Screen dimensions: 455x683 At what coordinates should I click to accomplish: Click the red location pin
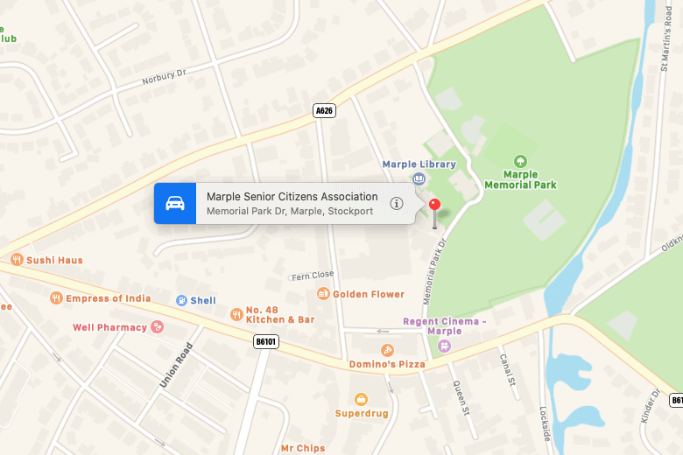pos(435,206)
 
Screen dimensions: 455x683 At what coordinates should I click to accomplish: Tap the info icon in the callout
pos(397,203)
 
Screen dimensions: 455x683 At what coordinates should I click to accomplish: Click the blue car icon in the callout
pos(175,203)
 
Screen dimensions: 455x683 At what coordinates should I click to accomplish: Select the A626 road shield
pos(324,110)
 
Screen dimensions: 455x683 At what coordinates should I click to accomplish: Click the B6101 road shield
pos(265,341)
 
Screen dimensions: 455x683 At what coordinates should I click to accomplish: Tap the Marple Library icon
pos(419,178)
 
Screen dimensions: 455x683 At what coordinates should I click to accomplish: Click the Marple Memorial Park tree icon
pos(521,160)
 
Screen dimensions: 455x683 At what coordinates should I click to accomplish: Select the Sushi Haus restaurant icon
pos(16,259)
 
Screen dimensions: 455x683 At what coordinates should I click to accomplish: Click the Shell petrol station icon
pos(181,300)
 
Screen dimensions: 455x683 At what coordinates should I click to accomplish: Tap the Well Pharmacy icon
pos(158,327)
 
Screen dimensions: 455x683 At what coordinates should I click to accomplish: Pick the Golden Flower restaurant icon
pos(323,294)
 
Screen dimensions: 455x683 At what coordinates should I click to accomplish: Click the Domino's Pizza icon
pos(387,350)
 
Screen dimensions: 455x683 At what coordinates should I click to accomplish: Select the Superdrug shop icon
pos(361,399)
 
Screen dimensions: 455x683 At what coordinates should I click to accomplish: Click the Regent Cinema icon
pos(444,345)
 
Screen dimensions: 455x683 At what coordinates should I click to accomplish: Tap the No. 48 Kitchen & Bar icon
pos(236,314)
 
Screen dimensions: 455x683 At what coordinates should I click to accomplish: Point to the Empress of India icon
pos(56,297)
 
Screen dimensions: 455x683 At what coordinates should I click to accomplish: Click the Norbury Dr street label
pos(165,77)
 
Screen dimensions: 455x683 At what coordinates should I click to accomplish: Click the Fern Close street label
pos(312,275)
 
